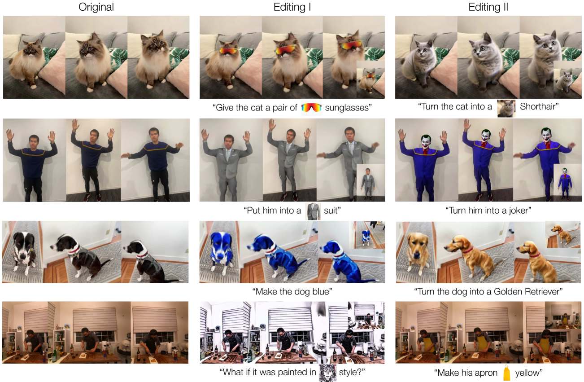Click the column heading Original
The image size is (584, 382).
coord(96,7)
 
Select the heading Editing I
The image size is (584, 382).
coord(292,7)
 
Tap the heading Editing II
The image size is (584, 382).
coord(488,7)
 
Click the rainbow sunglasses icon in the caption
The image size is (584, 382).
coord(311,107)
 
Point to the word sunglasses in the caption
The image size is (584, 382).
coord(348,108)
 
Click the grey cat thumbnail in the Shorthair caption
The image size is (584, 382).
coord(506,108)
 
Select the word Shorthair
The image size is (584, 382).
coord(539,106)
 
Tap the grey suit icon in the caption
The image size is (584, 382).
coord(313,211)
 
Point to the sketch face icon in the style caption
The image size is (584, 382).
coord(327,373)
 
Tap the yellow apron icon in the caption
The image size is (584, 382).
coord(506,373)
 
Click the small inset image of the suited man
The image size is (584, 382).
coord(370,183)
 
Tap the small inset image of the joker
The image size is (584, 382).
coord(567,183)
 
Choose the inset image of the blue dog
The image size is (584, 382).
coord(367,235)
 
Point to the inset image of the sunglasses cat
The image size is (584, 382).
coord(370,79)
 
